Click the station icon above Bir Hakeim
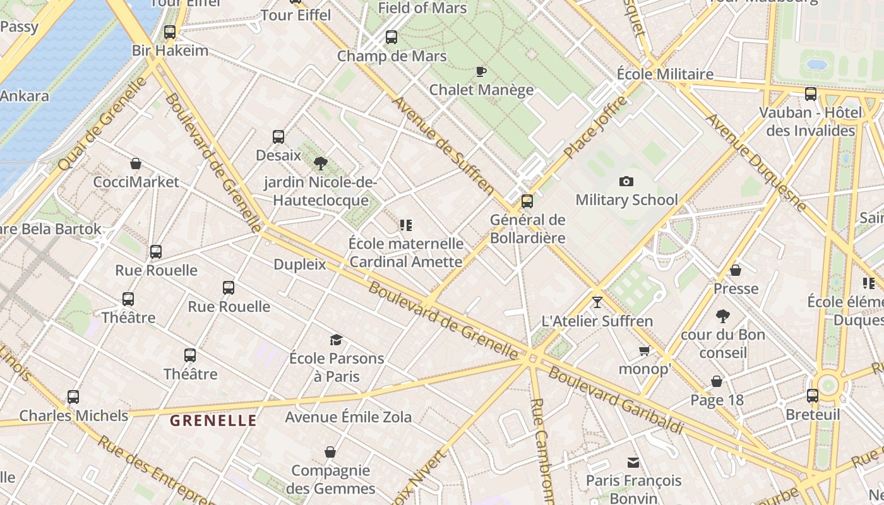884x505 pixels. (x=170, y=32)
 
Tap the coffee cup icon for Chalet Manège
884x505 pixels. (x=481, y=71)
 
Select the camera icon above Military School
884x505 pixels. (x=626, y=182)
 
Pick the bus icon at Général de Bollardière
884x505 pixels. (x=527, y=201)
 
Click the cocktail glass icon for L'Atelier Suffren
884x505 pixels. (x=597, y=302)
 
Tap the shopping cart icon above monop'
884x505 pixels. (x=644, y=350)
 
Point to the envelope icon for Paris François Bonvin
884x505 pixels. (x=633, y=463)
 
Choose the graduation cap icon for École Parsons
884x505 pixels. (x=336, y=340)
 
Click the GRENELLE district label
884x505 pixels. (x=213, y=420)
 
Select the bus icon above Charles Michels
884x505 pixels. (x=73, y=397)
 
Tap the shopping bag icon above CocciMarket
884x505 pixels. (x=136, y=163)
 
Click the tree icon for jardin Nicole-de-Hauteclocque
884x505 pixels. (x=321, y=163)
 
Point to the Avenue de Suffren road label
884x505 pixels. (x=443, y=145)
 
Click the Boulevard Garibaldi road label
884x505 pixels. (x=616, y=400)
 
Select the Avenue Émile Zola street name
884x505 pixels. (x=348, y=417)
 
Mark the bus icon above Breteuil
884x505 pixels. (x=813, y=396)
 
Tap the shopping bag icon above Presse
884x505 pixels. (x=736, y=270)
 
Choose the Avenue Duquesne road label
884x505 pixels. (x=756, y=162)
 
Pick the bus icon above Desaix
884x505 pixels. (x=278, y=136)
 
